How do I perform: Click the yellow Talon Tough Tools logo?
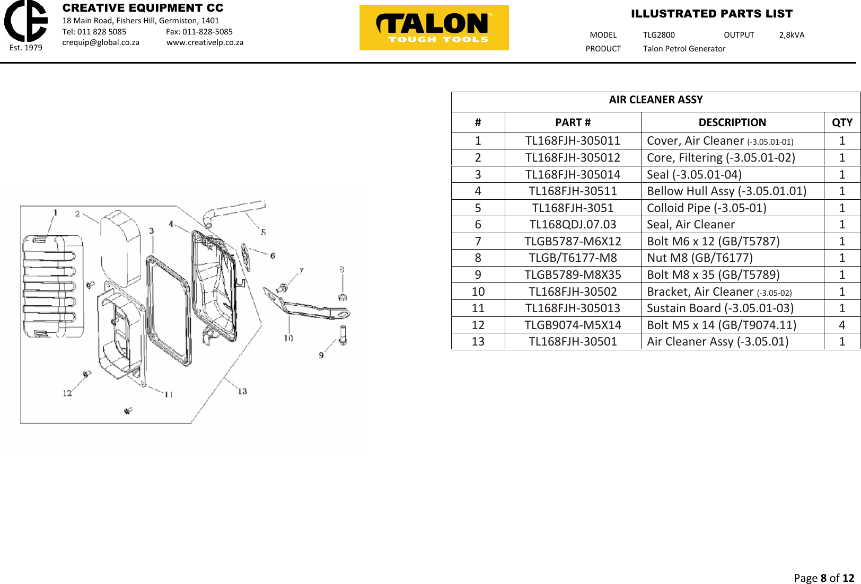[x=434, y=28]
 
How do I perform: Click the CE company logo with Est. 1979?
[x=26, y=24]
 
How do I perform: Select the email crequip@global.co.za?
[x=101, y=42]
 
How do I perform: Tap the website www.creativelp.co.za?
[x=205, y=42]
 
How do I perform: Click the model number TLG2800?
[x=658, y=35]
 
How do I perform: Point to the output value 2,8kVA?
[x=791, y=35]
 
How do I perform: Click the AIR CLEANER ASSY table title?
[x=655, y=100]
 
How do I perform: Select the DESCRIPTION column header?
[x=732, y=122]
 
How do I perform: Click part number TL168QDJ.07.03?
[x=573, y=225]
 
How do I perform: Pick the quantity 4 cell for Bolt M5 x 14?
[x=841, y=325]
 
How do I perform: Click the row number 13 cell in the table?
[x=478, y=342]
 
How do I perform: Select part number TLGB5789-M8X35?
[x=573, y=275]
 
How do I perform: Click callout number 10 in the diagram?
[x=288, y=338]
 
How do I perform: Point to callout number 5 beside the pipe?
[x=263, y=232]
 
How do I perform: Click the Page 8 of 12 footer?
[x=823, y=578]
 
